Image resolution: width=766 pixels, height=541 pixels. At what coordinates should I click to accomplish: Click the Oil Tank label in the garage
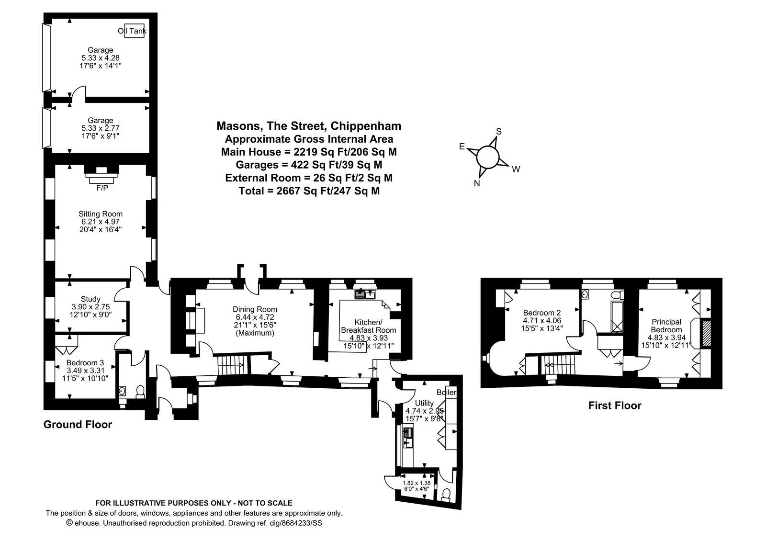132,31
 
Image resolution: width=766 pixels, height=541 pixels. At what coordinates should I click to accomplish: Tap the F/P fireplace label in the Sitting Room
102,188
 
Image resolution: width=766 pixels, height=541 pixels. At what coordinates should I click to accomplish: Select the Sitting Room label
101,214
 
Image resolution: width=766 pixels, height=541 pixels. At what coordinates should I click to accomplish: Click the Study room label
90,299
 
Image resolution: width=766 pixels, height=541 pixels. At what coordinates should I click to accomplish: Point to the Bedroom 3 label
85,362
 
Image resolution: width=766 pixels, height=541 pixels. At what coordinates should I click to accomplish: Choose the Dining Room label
255,309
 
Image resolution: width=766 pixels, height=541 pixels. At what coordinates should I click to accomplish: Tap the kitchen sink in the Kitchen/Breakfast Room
365,294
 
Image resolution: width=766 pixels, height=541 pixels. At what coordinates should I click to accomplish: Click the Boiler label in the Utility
446,392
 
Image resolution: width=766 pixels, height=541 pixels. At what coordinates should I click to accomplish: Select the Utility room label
424,403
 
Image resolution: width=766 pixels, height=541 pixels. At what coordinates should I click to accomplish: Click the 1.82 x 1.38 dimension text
417,483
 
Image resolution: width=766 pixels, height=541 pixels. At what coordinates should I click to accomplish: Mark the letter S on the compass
499,131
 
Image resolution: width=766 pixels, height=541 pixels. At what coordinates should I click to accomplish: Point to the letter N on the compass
477,183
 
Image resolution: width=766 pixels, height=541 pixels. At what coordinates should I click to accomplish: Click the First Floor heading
615,406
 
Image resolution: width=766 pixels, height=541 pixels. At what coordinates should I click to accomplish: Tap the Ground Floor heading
78,424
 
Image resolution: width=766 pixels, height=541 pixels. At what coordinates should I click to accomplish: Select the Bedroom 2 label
542,313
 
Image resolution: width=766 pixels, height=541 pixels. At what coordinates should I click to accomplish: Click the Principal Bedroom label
666,326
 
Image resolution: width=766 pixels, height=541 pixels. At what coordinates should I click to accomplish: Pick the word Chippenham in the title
366,126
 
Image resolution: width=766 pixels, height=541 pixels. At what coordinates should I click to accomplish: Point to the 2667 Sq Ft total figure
302,191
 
